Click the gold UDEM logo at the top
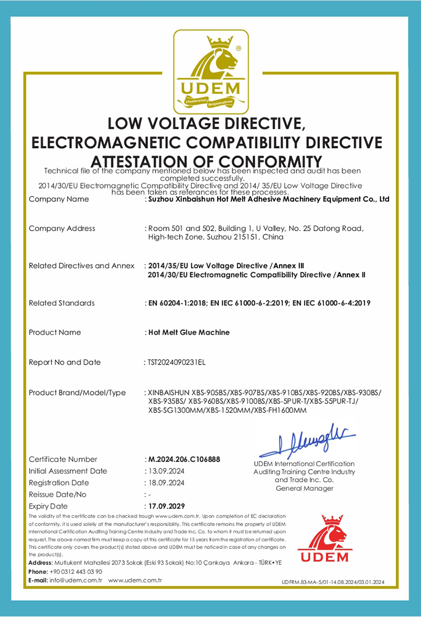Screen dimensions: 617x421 pos(210,72)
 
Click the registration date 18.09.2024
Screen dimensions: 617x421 pos(166,483)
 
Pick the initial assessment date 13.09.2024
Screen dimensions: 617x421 pos(166,471)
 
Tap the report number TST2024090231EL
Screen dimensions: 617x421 pos(177,362)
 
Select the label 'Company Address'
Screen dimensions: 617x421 pos(62,228)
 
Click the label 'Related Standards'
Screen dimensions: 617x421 pos(62,303)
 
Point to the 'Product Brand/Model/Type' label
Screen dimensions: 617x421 pos(77,393)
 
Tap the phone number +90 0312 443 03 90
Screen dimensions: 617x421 pos(76,572)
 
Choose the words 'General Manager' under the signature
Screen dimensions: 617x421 pos(304,489)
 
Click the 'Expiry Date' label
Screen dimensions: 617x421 pos(48,506)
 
